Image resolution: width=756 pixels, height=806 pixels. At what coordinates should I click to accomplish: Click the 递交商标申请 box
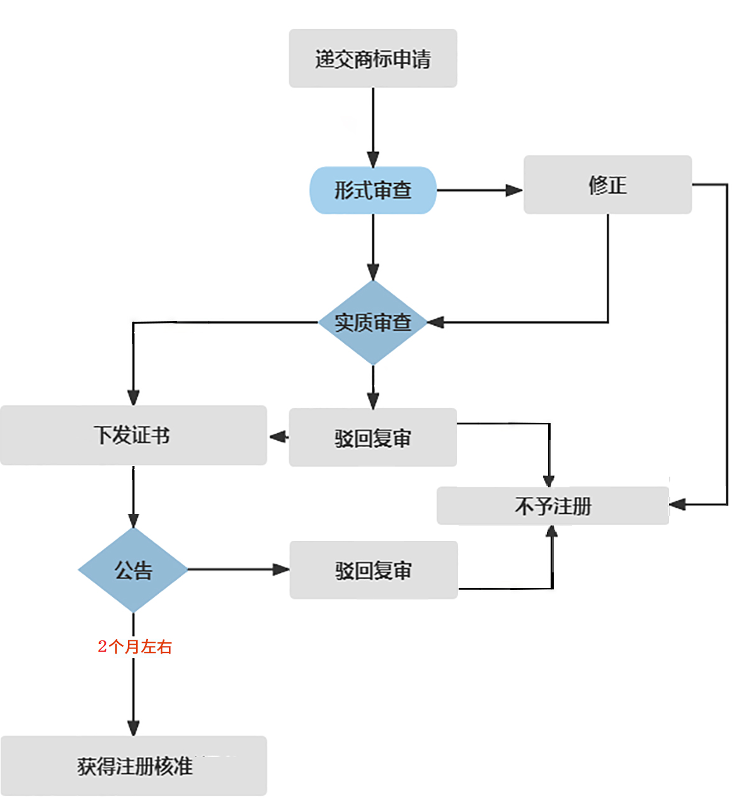click(373, 58)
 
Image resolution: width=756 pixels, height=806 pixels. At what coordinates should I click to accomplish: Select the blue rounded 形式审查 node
click(373, 190)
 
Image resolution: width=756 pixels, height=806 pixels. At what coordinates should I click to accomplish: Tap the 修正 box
click(607, 184)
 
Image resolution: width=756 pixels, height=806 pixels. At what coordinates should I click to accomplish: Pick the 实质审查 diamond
click(373, 322)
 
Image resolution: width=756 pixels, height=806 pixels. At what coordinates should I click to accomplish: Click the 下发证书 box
click(133, 435)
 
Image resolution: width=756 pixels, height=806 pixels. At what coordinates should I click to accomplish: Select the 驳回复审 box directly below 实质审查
click(373, 437)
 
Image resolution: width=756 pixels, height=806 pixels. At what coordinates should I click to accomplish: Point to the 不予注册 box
click(553, 506)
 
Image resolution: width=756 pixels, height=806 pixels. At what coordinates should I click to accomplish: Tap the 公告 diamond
click(133, 570)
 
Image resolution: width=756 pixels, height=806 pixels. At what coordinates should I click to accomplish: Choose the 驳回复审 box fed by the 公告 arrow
click(374, 570)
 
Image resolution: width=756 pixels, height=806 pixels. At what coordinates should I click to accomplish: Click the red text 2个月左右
click(134, 647)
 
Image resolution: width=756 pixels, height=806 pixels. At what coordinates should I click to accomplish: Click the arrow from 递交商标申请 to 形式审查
click(373, 127)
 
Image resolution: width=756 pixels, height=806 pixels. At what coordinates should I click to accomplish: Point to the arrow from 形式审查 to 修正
click(480, 190)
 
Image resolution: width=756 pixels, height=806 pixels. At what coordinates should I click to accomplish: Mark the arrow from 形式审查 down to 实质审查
click(373, 247)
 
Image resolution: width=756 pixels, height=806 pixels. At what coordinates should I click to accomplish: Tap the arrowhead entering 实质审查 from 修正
click(436, 322)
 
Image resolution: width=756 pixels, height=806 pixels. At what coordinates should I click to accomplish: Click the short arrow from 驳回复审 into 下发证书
click(278, 436)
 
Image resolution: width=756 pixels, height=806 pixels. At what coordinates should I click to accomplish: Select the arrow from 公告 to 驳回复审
click(239, 569)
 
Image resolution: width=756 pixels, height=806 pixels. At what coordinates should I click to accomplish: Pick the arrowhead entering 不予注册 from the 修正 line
click(677, 504)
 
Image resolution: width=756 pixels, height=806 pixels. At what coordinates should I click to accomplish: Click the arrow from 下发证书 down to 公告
click(133, 497)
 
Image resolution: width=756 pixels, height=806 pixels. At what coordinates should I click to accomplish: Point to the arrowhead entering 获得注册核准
click(133, 728)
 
